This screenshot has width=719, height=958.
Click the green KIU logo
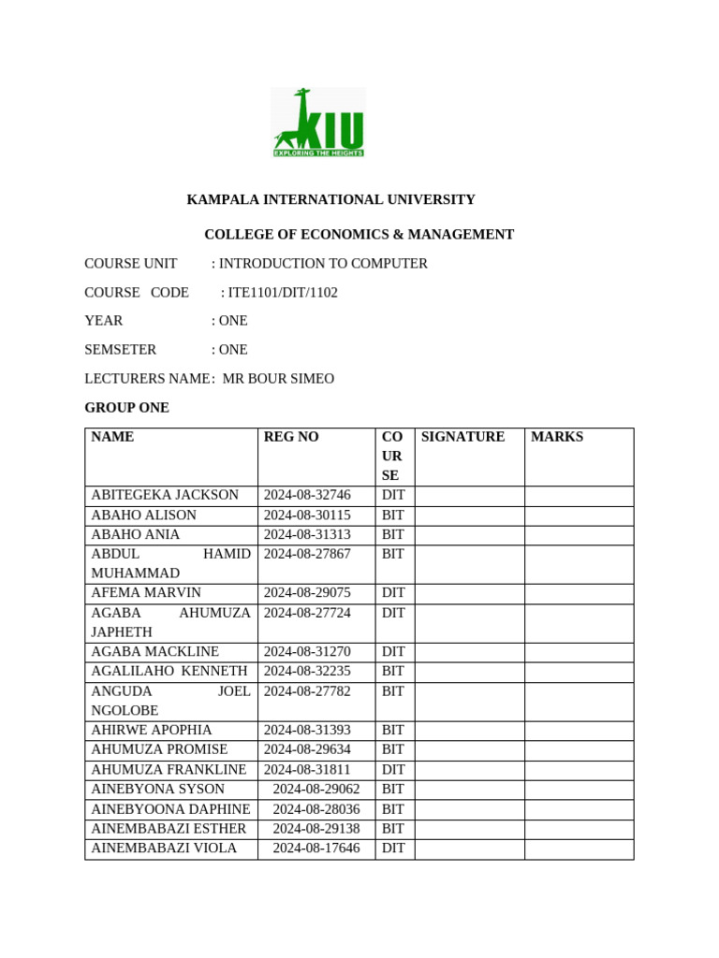point(318,123)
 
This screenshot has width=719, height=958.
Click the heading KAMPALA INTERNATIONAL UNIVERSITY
point(330,199)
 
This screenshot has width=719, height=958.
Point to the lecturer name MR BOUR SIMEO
point(278,379)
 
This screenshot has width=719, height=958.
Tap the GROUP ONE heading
point(126,408)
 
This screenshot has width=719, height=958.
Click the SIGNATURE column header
point(462,437)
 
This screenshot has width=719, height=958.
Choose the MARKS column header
point(556,437)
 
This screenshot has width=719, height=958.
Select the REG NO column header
point(291,437)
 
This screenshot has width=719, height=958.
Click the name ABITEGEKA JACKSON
point(165,495)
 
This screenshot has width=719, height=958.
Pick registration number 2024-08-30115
point(307,515)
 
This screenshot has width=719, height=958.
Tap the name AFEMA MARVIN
point(146,593)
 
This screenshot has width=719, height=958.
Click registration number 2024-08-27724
point(307,613)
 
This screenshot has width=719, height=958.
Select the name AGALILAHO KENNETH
point(169,671)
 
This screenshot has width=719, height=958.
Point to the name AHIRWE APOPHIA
point(152,730)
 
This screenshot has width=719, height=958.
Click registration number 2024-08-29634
point(307,749)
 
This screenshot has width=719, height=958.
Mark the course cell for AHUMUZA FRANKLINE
point(393,769)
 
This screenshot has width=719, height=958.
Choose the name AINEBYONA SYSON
point(157,790)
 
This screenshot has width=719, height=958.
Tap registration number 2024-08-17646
point(316,849)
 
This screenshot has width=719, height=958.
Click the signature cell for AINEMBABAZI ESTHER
point(469,829)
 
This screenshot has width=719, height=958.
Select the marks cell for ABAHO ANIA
point(579,535)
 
